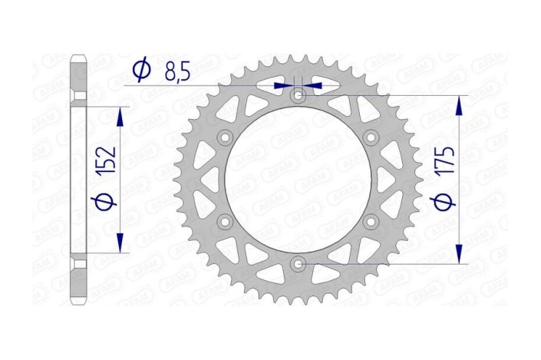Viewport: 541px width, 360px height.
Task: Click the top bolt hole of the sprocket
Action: [x=299, y=96]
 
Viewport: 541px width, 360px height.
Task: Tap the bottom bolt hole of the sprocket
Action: [x=299, y=264]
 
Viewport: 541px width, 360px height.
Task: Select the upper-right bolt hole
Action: [x=371, y=137]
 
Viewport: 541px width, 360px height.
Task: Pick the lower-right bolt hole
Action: [x=371, y=222]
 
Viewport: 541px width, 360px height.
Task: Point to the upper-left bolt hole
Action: [x=226, y=137]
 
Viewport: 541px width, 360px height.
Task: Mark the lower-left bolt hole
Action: [x=226, y=222]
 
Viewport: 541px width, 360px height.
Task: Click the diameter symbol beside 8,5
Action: [x=140, y=71]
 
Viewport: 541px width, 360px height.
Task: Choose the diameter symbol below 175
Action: [x=447, y=202]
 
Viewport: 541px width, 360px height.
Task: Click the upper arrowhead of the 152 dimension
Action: [x=120, y=116]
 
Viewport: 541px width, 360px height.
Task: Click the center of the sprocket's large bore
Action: [x=299, y=180]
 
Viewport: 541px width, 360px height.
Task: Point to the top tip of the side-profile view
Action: [x=79, y=56]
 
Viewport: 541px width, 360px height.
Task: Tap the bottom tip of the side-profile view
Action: [x=79, y=303]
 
